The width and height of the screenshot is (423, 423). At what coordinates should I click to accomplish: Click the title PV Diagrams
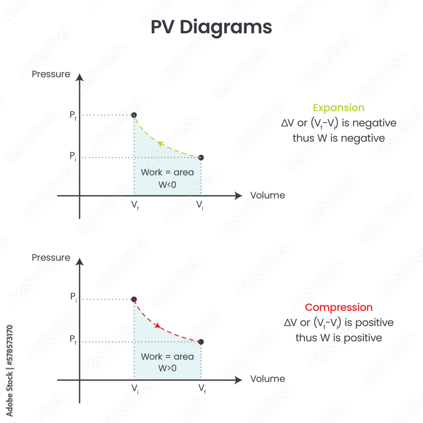(x=211, y=27)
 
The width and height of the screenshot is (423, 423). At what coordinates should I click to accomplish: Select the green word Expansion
(x=338, y=108)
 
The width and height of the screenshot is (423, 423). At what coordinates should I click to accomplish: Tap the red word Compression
(x=339, y=308)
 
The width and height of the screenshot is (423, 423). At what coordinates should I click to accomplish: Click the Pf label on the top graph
(x=73, y=115)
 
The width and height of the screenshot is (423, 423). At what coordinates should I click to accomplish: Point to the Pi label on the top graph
(x=73, y=156)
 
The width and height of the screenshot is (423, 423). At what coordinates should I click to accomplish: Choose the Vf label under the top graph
(x=135, y=206)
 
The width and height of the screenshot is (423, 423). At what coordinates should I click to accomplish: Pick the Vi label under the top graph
(x=200, y=206)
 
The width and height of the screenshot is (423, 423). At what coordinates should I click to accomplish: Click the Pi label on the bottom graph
(x=73, y=297)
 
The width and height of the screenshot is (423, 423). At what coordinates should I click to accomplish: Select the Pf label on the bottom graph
(x=73, y=341)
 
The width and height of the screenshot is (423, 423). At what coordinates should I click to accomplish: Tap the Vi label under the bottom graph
(x=135, y=388)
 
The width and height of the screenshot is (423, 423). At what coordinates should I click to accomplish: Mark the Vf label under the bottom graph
(x=202, y=388)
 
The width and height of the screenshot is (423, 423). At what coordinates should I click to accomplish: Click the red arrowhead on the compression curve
(x=158, y=325)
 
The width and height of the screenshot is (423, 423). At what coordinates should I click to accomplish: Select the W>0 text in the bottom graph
(x=167, y=368)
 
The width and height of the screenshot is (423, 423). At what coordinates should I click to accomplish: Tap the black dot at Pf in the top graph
(x=134, y=115)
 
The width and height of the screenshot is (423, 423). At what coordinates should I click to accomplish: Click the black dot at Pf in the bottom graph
(x=201, y=342)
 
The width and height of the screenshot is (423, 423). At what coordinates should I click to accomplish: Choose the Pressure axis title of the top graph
(x=51, y=74)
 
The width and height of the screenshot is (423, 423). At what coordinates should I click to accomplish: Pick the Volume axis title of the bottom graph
(x=267, y=379)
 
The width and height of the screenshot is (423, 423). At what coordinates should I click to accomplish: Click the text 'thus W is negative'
(x=338, y=138)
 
